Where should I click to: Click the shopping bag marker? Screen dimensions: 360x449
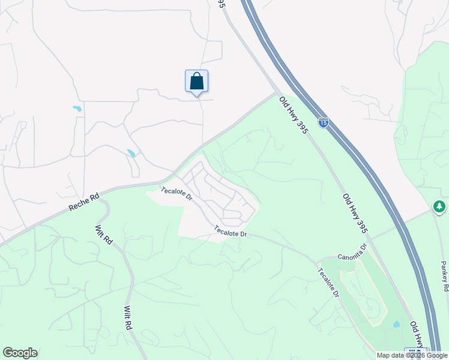196,81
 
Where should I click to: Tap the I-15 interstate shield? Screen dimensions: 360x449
324,122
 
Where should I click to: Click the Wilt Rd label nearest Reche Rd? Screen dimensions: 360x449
103,234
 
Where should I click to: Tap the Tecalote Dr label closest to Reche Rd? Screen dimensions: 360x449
176,193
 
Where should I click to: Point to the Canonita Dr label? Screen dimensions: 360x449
351,251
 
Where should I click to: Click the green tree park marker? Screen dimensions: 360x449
439,206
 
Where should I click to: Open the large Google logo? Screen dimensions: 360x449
20,353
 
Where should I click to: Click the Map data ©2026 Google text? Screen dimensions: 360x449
412,355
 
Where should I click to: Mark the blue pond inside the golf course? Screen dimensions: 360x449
396,325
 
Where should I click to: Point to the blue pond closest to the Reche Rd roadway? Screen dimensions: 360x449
131,153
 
